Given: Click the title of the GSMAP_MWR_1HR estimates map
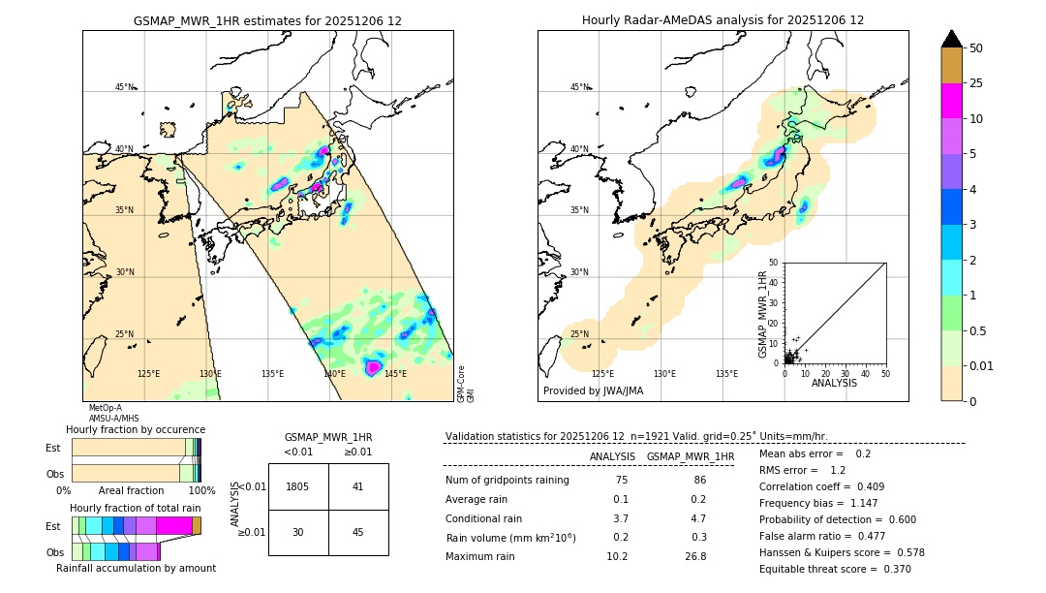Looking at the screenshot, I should [267, 20].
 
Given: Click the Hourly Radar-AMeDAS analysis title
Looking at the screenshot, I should [723, 20].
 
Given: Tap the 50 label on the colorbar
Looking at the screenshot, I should [976, 47].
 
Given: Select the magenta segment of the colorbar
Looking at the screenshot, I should [951, 101].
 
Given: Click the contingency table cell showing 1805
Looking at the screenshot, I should [298, 486].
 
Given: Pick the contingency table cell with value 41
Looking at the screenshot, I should [357, 486].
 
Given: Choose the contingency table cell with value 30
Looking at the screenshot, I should [298, 532].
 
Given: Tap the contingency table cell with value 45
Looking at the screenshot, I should [357, 532].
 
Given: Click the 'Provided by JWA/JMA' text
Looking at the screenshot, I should [593, 391].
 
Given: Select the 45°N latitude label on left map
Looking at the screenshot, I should [125, 87].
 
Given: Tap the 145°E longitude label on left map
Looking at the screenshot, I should [395, 374].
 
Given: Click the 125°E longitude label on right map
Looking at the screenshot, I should [602, 374].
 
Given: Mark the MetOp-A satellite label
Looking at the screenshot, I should [105, 408].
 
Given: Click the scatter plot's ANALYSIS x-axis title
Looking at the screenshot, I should [834, 383].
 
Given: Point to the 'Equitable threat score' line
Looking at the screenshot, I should [835, 569].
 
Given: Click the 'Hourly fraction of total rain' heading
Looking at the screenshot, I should [136, 508].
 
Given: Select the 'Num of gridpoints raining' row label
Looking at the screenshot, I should [508, 480].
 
